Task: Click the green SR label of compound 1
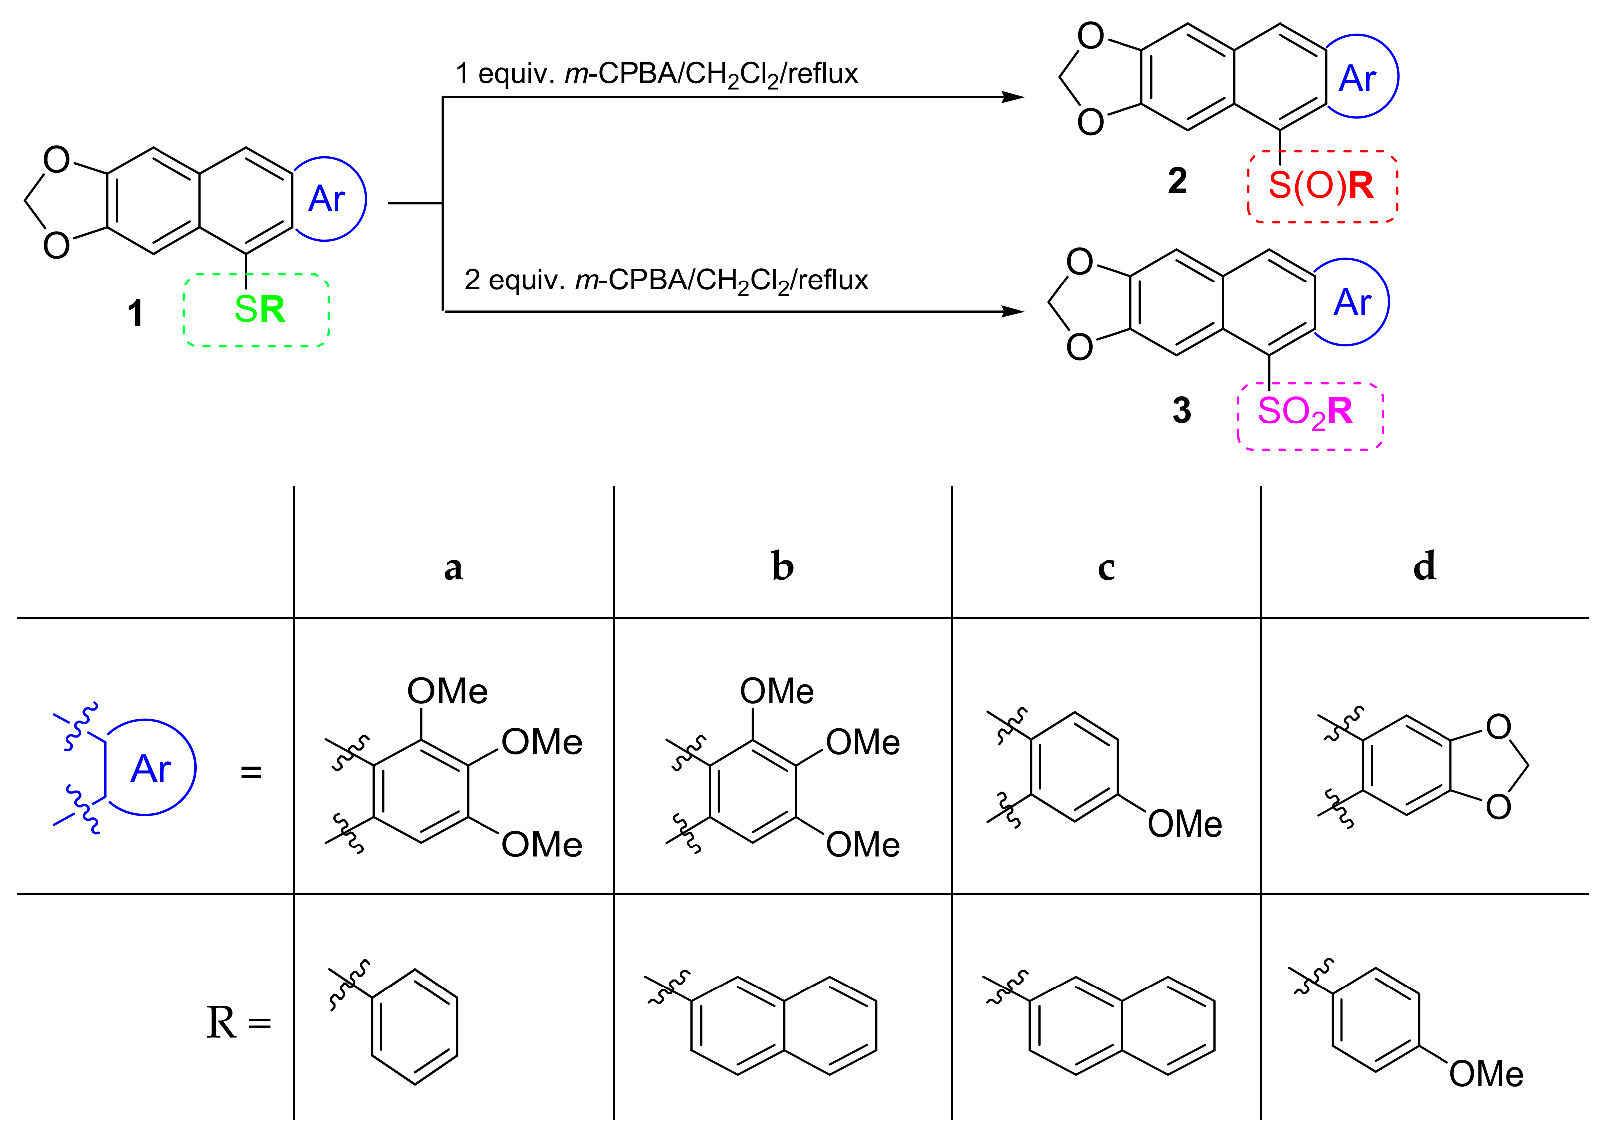[x=259, y=309]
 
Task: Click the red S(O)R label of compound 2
[x=1320, y=185]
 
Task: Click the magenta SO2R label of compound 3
[x=1304, y=412]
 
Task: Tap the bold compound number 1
[x=135, y=313]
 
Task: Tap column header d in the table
[x=1424, y=565]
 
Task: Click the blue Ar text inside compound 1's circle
[x=326, y=199]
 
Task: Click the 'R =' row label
[x=238, y=1023]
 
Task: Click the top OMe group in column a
[x=447, y=691]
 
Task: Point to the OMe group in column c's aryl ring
[x=1185, y=824]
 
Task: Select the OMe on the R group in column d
[x=1486, y=1074]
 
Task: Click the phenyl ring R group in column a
[x=414, y=1026]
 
